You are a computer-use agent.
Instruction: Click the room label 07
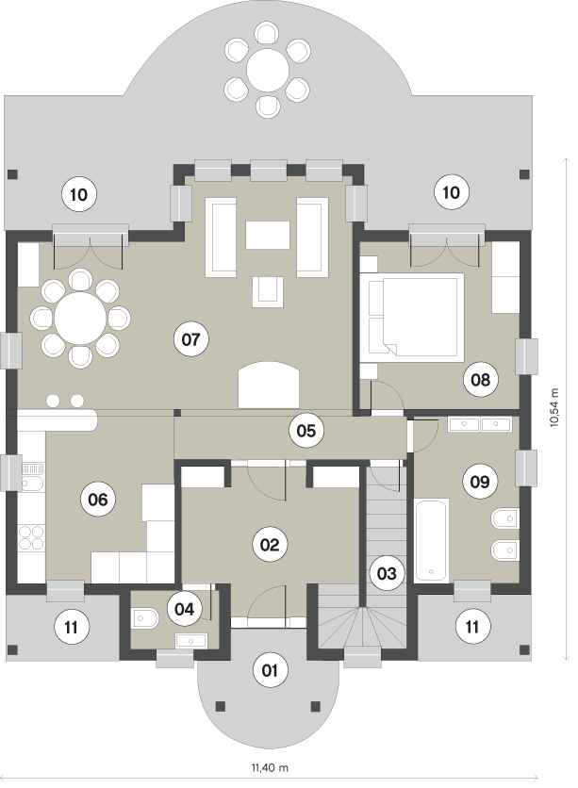click(191, 339)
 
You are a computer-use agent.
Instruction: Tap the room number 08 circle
click(480, 380)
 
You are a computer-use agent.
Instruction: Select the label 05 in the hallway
click(306, 431)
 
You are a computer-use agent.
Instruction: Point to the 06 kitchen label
click(98, 499)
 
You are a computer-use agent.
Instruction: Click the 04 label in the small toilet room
click(185, 609)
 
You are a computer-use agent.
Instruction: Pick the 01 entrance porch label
click(270, 670)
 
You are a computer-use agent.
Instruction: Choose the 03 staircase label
click(387, 573)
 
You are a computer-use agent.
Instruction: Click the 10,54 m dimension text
click(554, 407)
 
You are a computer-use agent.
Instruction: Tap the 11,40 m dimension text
click(270, 767)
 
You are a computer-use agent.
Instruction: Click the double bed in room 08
click(416, 317)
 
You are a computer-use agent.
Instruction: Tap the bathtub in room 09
click(431, 540)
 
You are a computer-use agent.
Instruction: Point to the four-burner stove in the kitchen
click(31, 538)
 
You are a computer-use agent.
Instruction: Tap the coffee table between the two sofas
click(268, 236)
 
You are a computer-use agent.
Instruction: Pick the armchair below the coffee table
click(268, 291)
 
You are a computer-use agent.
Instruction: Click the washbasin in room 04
click(190, 641)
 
